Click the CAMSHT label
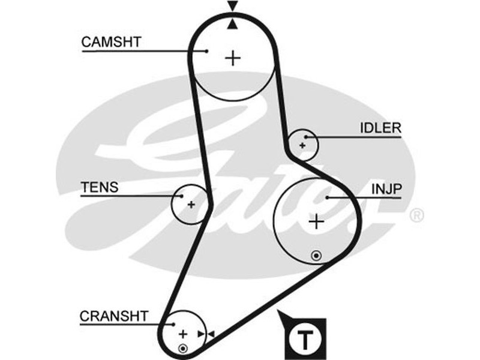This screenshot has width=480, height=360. coord(111,42)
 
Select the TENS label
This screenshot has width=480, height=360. coord(100,187)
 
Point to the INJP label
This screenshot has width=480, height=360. coord(387,188)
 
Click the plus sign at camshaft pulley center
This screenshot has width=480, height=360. coord(233,58)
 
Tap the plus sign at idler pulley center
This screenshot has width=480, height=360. coord(302,145)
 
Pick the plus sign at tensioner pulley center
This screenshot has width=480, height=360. coord(191,205)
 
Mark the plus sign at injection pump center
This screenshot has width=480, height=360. coord(316,222)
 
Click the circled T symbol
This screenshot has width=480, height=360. coord(307,340)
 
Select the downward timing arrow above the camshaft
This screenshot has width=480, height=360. coord(233,7)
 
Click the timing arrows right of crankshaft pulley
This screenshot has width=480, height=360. coord(208,334)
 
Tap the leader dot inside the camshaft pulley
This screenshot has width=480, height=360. coord(207,51)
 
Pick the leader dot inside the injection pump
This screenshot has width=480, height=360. coord(327,196)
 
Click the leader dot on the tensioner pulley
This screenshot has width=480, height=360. coord(180,195)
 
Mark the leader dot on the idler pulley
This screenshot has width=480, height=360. coord(313,137)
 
